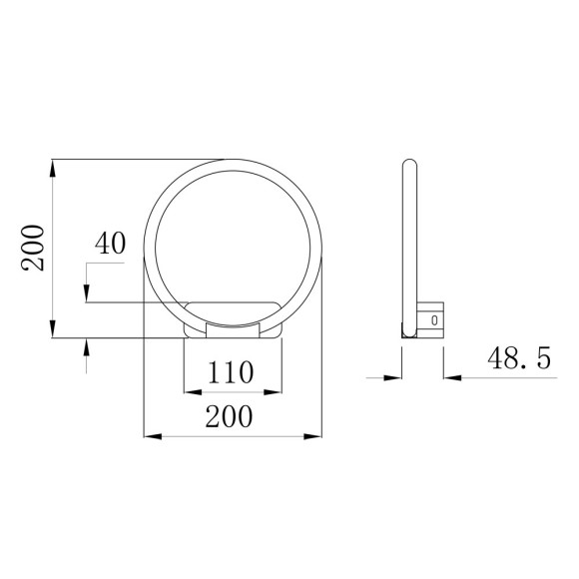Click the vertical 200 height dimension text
[x=34, y=247]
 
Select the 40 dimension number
[x=111, y=244]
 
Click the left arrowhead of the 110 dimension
[x=191, y=388]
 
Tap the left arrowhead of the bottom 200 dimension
[x=152, y=435]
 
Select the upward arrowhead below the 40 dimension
[x=88, y=345]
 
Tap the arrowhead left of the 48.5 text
[x=391, y=377]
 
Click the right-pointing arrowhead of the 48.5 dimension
[x=450, y=377]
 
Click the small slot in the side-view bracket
[x=433, y=319]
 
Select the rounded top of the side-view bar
[x=407, y=163]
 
